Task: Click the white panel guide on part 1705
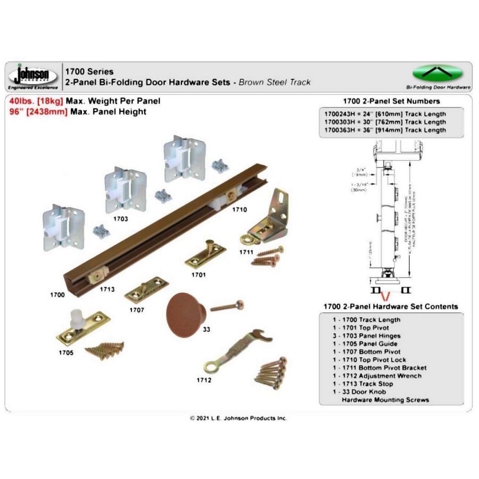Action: click(x=79, y=319)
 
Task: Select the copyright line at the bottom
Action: click(x=239, y=418)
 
